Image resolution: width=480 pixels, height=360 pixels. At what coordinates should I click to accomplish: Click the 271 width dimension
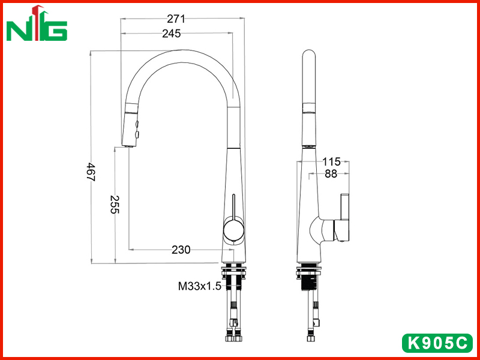tap(176, 19)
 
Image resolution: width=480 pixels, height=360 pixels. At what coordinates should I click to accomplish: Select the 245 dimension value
tap(172, 34)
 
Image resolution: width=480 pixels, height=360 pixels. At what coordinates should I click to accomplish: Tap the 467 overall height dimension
tap(91, 172)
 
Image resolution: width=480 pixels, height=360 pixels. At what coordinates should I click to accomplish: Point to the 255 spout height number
tap(115, 204)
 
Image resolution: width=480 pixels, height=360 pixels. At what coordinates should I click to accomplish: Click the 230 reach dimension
tap(181, 250)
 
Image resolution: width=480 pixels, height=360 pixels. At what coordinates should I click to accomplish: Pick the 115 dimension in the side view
tap(331, 161)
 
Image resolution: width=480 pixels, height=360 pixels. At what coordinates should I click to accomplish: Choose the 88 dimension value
tap(331, 173)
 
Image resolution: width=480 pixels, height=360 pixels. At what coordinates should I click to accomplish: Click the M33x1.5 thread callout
tap(200, 286)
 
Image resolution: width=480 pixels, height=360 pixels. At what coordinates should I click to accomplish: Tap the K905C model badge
tap(437, 343)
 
